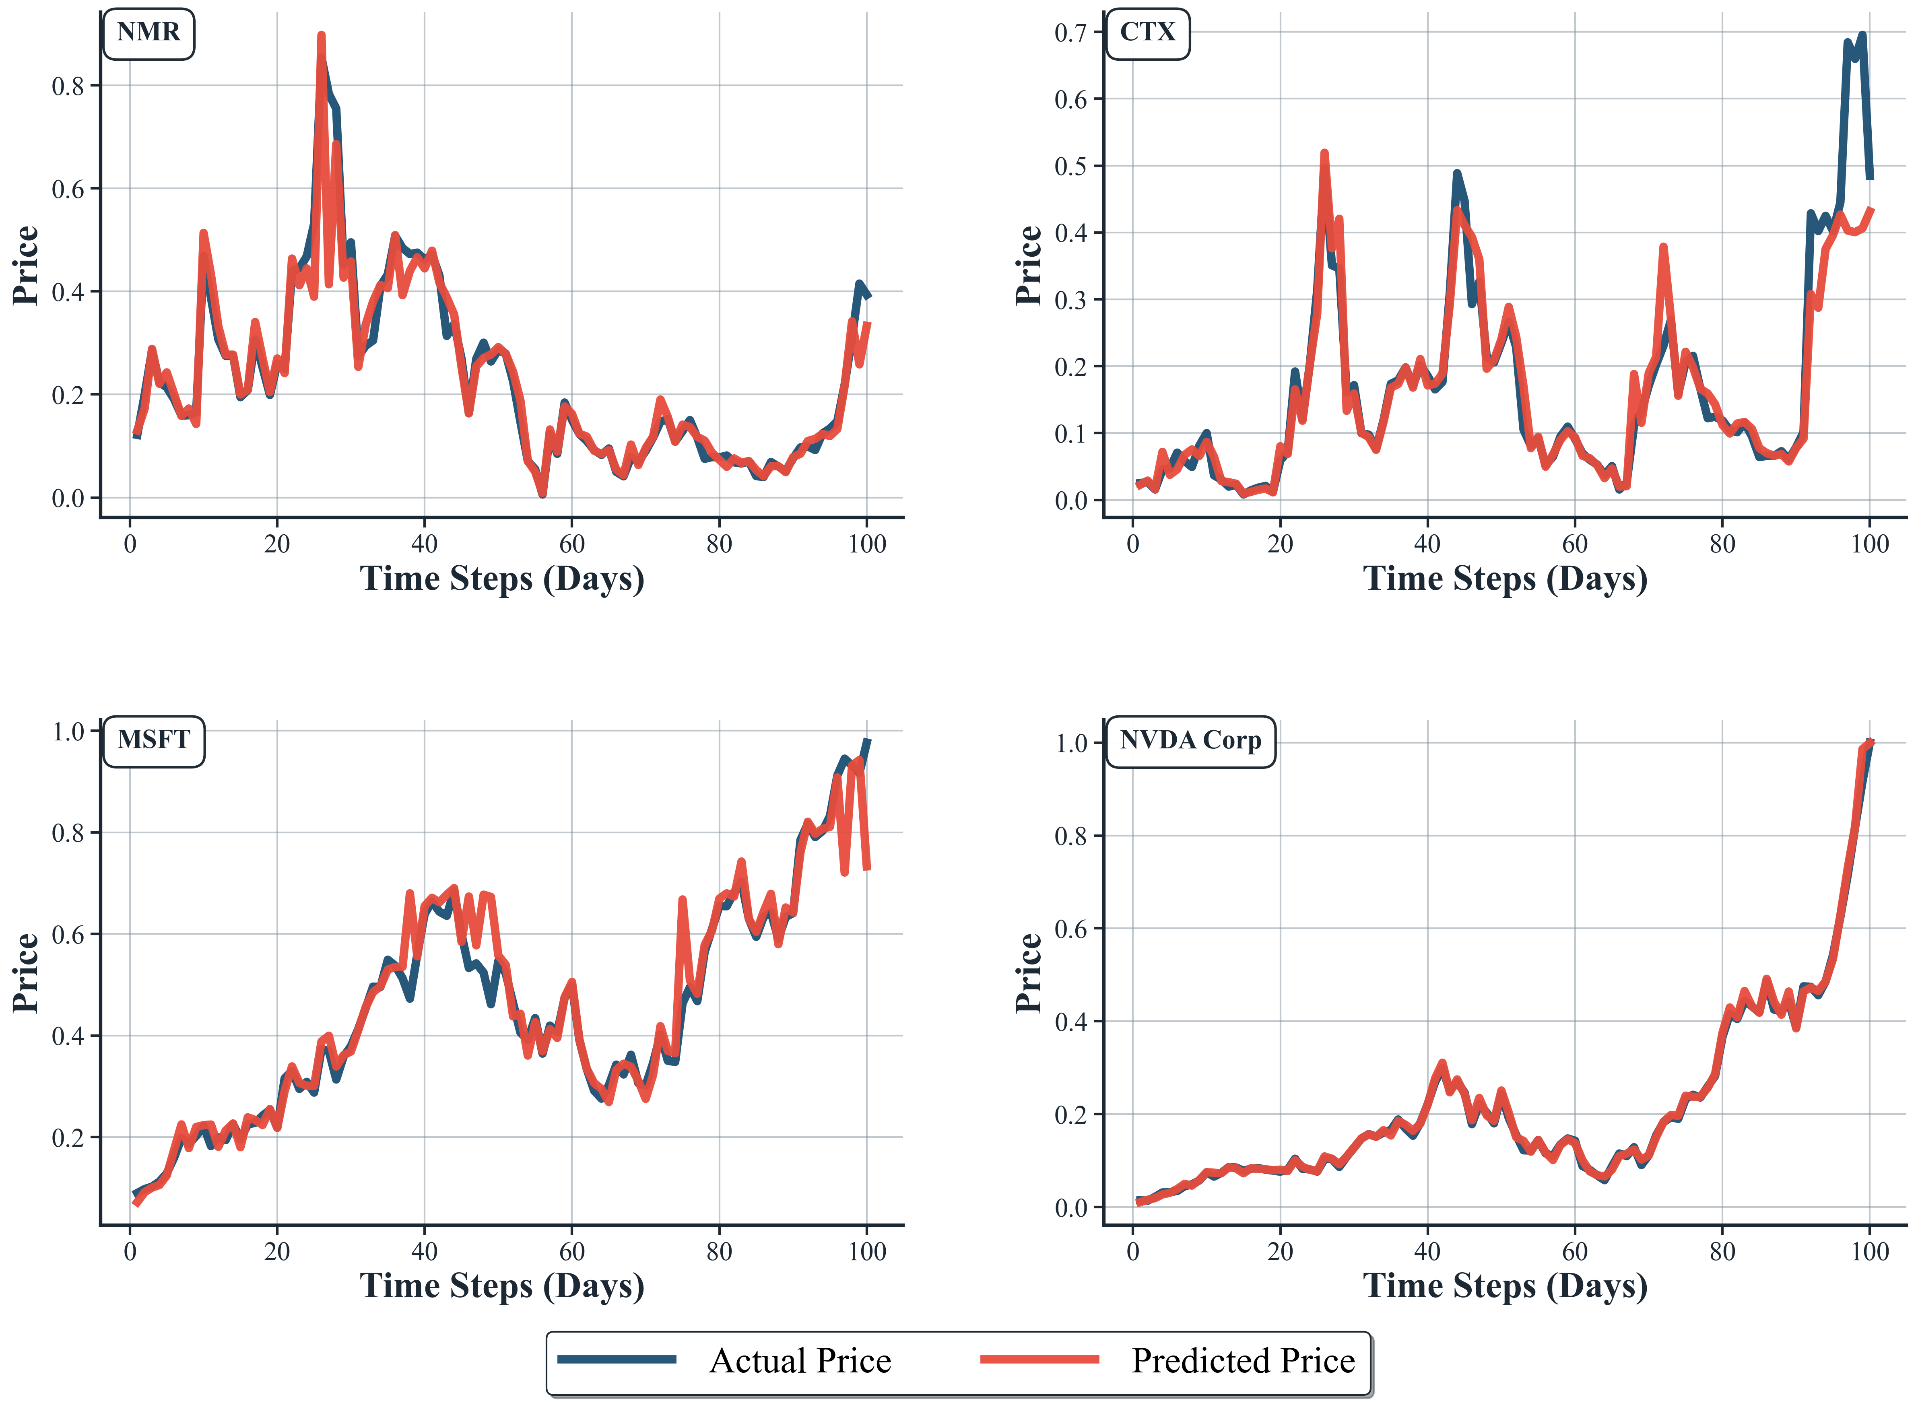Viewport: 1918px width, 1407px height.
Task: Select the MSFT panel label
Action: click(x=153, y=740)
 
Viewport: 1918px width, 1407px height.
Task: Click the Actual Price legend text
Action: click(x=800, y=1361)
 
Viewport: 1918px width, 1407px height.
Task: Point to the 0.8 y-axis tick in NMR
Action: click(x=68, y=86)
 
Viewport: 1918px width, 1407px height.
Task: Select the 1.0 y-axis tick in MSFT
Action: click(x=68, y=731)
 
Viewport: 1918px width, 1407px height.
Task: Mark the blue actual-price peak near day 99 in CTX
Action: click(x=1862, y=36)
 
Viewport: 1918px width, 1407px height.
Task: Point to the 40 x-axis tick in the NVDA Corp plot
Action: click(x=1427, y=1252)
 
